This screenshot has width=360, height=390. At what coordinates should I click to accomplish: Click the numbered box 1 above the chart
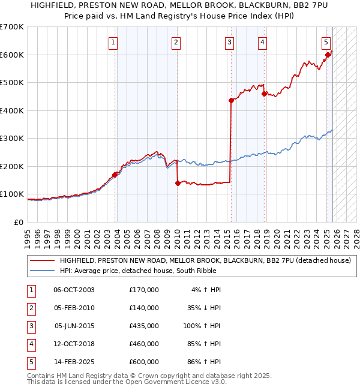[x=113, y=42]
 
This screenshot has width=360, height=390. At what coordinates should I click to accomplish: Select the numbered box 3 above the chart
[x=230, y=42]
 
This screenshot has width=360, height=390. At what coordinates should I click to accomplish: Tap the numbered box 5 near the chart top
[x=326, y=42]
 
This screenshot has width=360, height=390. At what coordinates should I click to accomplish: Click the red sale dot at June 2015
[x=231, y=101]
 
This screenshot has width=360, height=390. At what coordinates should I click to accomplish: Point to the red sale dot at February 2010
[x=178, y=183]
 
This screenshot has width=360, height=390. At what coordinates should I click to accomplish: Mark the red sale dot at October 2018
[x=265, y=94]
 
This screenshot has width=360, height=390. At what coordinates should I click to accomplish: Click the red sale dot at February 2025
[x=328, y=55]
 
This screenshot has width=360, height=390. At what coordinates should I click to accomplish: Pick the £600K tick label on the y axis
[x=12, y=55]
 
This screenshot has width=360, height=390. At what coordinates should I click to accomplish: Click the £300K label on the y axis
[x=12, y=139]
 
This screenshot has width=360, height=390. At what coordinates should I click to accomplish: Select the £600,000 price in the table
[x=144, y=362]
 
